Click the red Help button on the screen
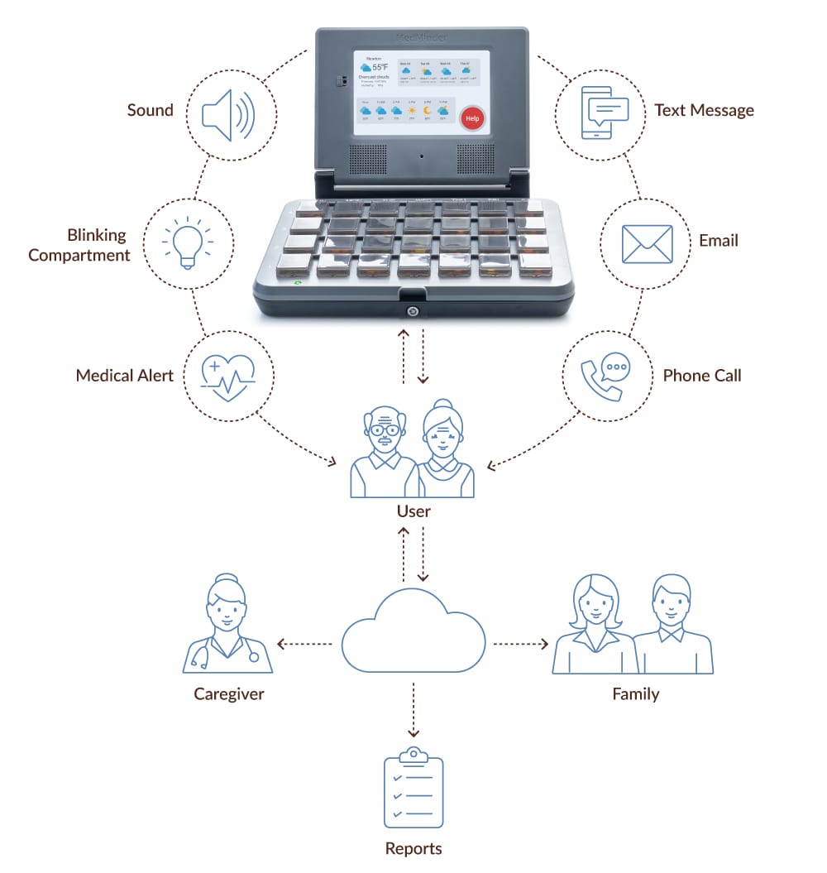coord(471,118)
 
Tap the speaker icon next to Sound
coord(218,114)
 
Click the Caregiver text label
coord(229,693)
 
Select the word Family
coord(635,693)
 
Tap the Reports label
coord(413,848)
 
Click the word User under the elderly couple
coord(413,511)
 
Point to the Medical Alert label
coord(125,375)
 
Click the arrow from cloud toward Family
coord(521,643)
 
